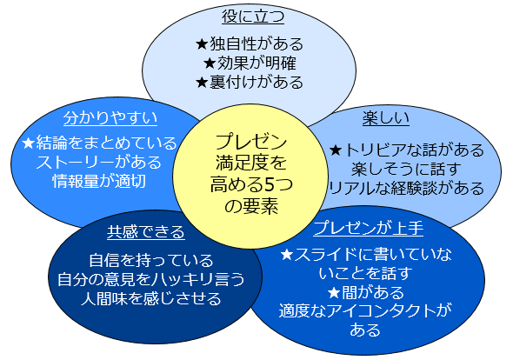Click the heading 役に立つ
[x=253, y=17]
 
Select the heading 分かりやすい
[x=110, y=117]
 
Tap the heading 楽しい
[x=386, y=117]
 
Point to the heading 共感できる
[x=146, y=231]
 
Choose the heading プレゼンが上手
[x=369, y=228]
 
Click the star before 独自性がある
[x=202, y=44]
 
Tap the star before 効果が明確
[x=210, y=63]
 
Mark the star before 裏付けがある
[x=202, y=82]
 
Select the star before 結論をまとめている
[x=29, y=143]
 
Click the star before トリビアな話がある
[x=336, y=150]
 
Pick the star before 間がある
[x=334, y=292]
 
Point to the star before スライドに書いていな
[x=287, y=255]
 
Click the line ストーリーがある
[x=99, y=162]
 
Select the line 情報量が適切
[x=99, y=181]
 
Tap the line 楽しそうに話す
[x=406, y=170]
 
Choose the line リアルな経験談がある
[x=407, y=188]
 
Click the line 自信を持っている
[x=151, y=261]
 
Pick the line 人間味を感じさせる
[x=151, y=299]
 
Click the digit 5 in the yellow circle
[x=269, y=184]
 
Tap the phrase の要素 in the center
[x=251, y=206]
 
